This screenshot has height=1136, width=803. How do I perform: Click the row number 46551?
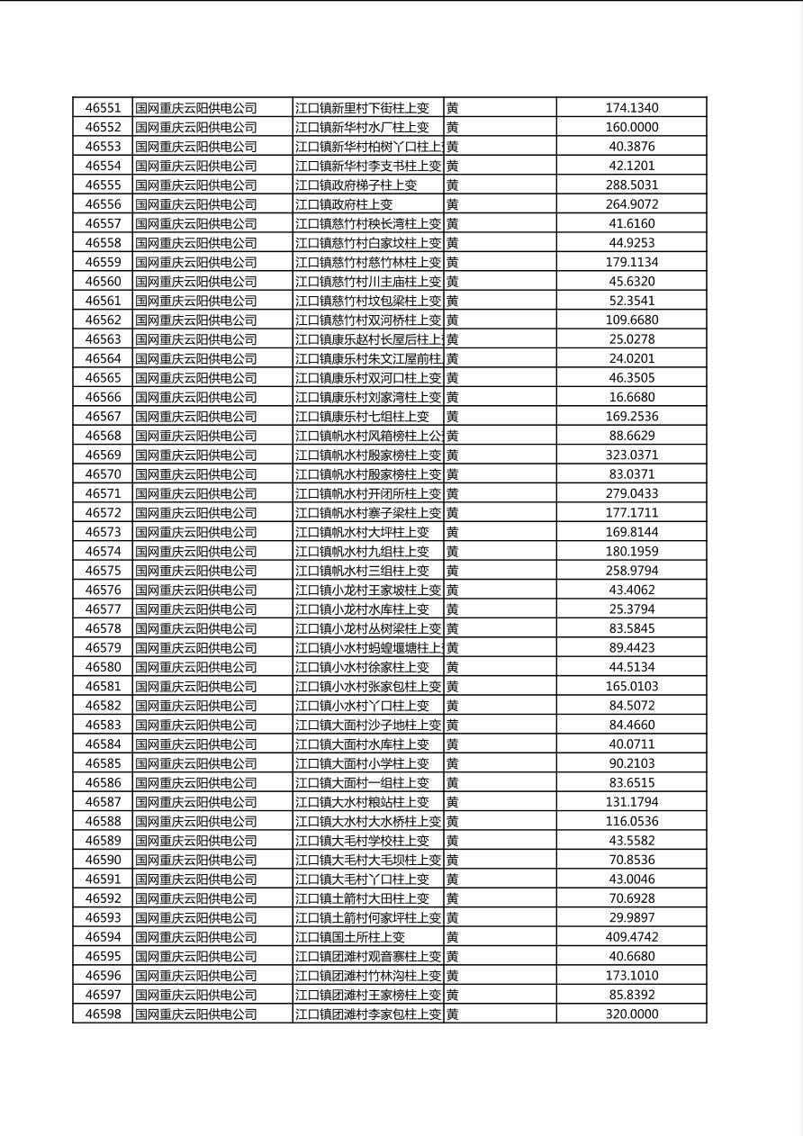(103, 108)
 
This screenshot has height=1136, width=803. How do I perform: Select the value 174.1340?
(631, 108)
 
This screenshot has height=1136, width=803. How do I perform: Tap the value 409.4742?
(631, 937)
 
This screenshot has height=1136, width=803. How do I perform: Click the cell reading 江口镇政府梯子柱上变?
(356, 185)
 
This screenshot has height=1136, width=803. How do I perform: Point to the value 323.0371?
(631, 455)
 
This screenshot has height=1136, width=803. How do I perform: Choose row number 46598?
(103, 1014)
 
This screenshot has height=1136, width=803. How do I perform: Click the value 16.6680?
(631, 397)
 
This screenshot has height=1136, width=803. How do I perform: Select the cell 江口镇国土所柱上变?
(350, 937)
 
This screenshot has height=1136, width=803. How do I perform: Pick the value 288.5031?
(631, 185)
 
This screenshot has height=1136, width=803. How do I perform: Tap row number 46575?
(103, 571)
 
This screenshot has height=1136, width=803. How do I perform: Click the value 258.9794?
(631, 571)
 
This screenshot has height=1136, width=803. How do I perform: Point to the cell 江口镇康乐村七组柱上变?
(363, 417)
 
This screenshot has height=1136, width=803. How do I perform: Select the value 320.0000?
(631, 1014)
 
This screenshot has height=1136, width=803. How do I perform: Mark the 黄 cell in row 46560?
(452, 282)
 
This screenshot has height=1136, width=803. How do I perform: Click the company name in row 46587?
(196, 802)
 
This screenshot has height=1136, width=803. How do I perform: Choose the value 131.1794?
(631, 802)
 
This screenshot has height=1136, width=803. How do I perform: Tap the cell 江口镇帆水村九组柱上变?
(363, 552)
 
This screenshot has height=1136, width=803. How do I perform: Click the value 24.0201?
(631, 359)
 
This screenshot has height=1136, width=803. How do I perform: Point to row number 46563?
(103, 339)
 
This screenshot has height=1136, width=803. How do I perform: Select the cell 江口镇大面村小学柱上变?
(363, 763)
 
